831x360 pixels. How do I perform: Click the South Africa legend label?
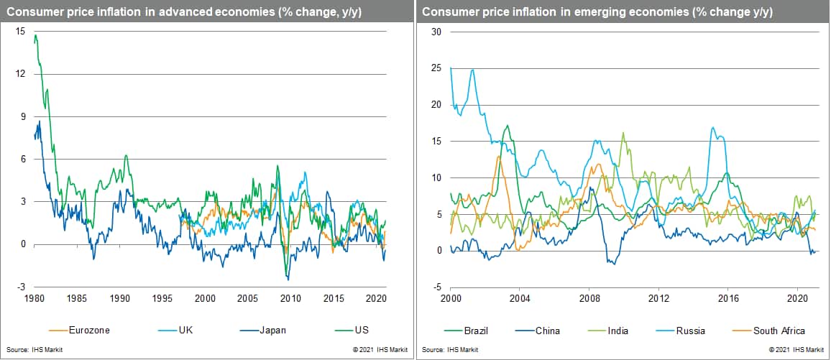[x=779, y=331]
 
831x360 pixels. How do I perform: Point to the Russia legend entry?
[x=690, y=331]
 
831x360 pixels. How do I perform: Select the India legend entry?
[x=619, y=331]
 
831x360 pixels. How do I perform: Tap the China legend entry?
[x=546, y=331]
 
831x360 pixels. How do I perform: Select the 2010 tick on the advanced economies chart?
[x=290, y=297]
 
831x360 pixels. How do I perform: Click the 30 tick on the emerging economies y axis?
[x=436, y=32]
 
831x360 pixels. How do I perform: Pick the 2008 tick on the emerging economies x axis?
[x=589, y=297]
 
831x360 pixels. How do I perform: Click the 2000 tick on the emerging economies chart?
[x=451, y=297]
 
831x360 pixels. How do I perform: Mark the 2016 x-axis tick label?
[x=728, y=297]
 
